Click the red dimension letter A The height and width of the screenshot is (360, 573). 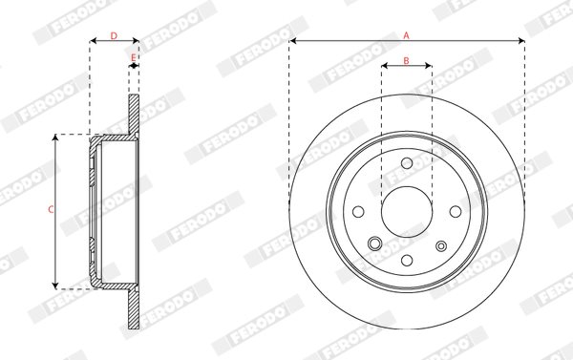click(407, 35)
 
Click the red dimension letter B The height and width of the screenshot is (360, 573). click(407, 61)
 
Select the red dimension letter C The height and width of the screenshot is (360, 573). click(52, 210)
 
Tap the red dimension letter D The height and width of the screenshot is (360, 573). click(114, 36)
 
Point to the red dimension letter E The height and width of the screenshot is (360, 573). click(134, 57)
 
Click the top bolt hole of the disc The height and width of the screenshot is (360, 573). click(407, 163)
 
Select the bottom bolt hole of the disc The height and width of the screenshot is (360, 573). click(407, 261)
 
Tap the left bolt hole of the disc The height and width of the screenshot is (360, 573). click(358, 212)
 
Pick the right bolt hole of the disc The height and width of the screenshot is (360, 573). click(456, 212)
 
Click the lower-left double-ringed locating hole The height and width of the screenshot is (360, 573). click(375, 244)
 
